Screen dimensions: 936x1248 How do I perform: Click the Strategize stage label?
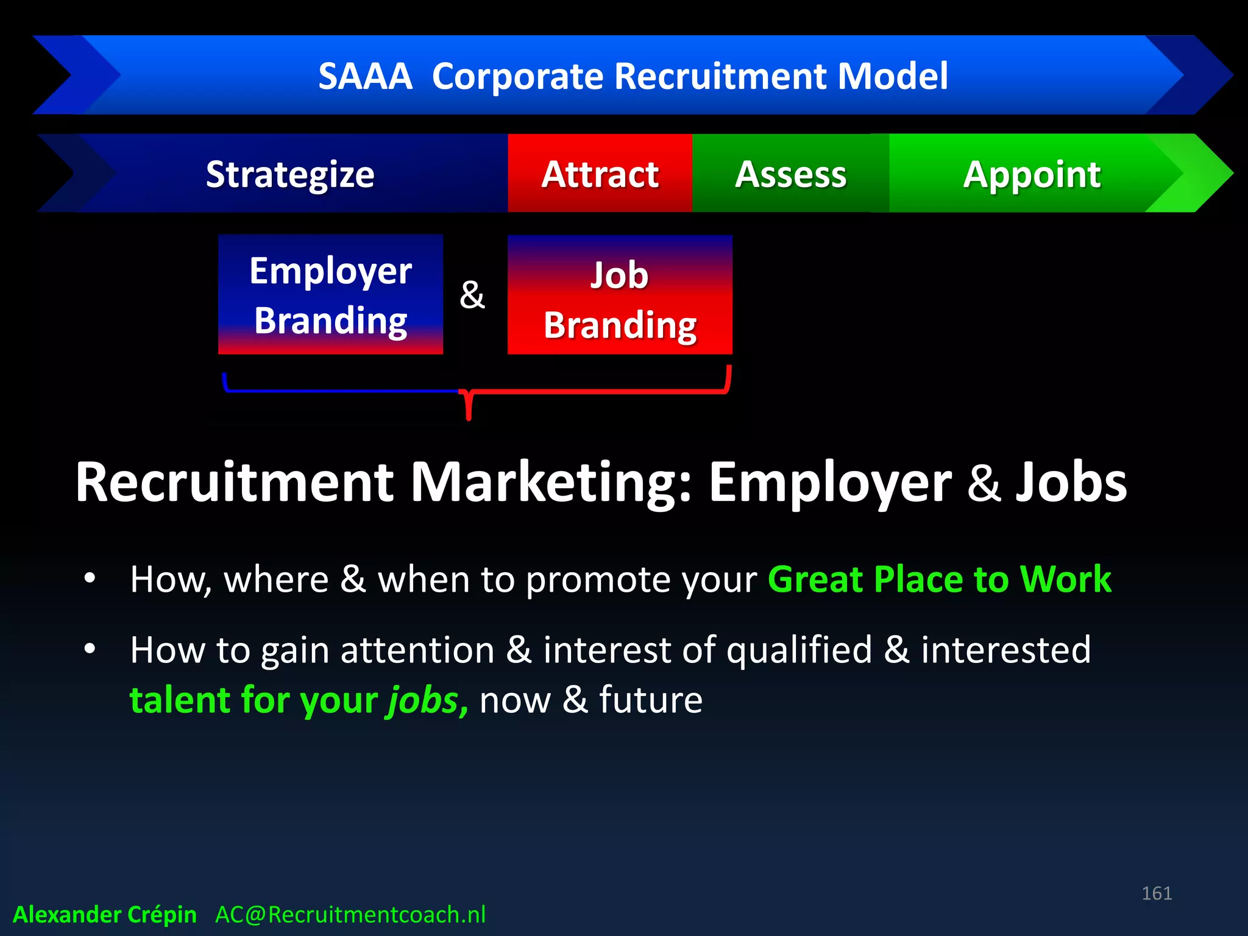[x=290, y=175]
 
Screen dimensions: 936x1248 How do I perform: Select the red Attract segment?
[x=600, y=175]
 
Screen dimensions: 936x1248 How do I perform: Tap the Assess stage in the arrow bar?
[x=790, y=175]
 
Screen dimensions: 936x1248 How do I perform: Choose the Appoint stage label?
[x=1032, y=175]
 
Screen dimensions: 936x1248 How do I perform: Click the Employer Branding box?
[x=330, y=295]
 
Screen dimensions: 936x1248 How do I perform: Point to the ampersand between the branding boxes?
[x=472, y=295]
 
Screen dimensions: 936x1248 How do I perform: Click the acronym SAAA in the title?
[x=365, y=77]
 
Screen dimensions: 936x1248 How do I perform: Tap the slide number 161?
[x=1157, y=893]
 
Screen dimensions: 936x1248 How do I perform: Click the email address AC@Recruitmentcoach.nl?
[x=350, y=915]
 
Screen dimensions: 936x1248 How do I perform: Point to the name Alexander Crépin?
[x=105, y=915]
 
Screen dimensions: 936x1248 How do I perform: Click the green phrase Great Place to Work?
[x=939, y=579]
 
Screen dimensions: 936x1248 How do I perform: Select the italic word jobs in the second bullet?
[x=423, y=700]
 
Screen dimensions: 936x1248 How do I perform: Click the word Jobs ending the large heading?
[x=1071, y=482]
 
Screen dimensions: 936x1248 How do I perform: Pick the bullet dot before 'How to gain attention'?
[x=90, y=648]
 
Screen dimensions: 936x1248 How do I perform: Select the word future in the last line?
[x=650, y=700]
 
